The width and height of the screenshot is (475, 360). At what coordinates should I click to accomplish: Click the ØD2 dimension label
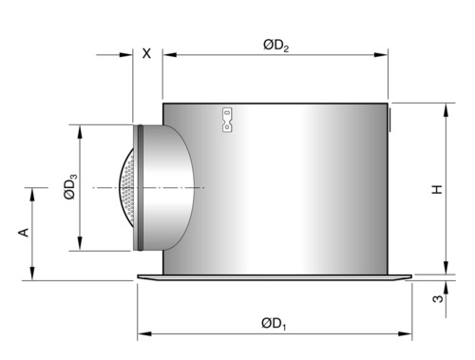pos(275,46)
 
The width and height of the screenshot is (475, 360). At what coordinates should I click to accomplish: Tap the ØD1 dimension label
pos(274,324)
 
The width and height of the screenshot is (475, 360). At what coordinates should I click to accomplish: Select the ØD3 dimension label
pos(70,186)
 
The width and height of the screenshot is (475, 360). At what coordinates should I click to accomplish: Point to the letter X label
pos(146,53)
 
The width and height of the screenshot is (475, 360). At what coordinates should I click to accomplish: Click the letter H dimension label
pos(437,189)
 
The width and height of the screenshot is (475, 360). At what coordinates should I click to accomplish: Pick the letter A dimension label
pos(24,233)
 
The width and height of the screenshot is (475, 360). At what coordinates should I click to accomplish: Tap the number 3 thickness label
pos(438,298)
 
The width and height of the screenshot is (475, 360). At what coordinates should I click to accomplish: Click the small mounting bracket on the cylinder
pos(227,120)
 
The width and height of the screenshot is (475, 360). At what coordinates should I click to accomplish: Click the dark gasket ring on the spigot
pos(141,187)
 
